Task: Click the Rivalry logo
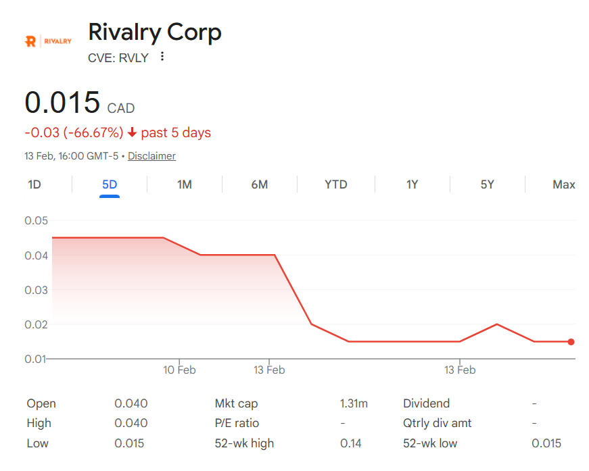(x=48, y=41)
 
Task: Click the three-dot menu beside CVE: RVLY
(x=162, y=57)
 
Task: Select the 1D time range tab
(x=34, y=184)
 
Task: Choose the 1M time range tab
(x=185, y=184)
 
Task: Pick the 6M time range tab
(x=259, y=184)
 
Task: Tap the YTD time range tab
(x=335, y=184)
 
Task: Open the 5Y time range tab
(x=487, y=184)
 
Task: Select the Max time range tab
(x=563, y=184)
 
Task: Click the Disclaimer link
(x=151, y=156)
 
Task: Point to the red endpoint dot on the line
(x=571, y=342)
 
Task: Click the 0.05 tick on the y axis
(x=37, y=221)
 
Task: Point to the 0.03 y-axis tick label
(x=37, y=290)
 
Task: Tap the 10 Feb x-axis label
(x=179, y=370)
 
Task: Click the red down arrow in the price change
(x=132, y=132)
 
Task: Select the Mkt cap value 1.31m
(x=354, y=403)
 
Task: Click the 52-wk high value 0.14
(x=351, y=443)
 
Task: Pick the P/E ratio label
(x=237, y=423)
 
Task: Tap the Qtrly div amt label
(x=438, y=423)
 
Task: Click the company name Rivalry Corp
(x=155, y=32)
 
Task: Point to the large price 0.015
(x=62, y=102)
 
